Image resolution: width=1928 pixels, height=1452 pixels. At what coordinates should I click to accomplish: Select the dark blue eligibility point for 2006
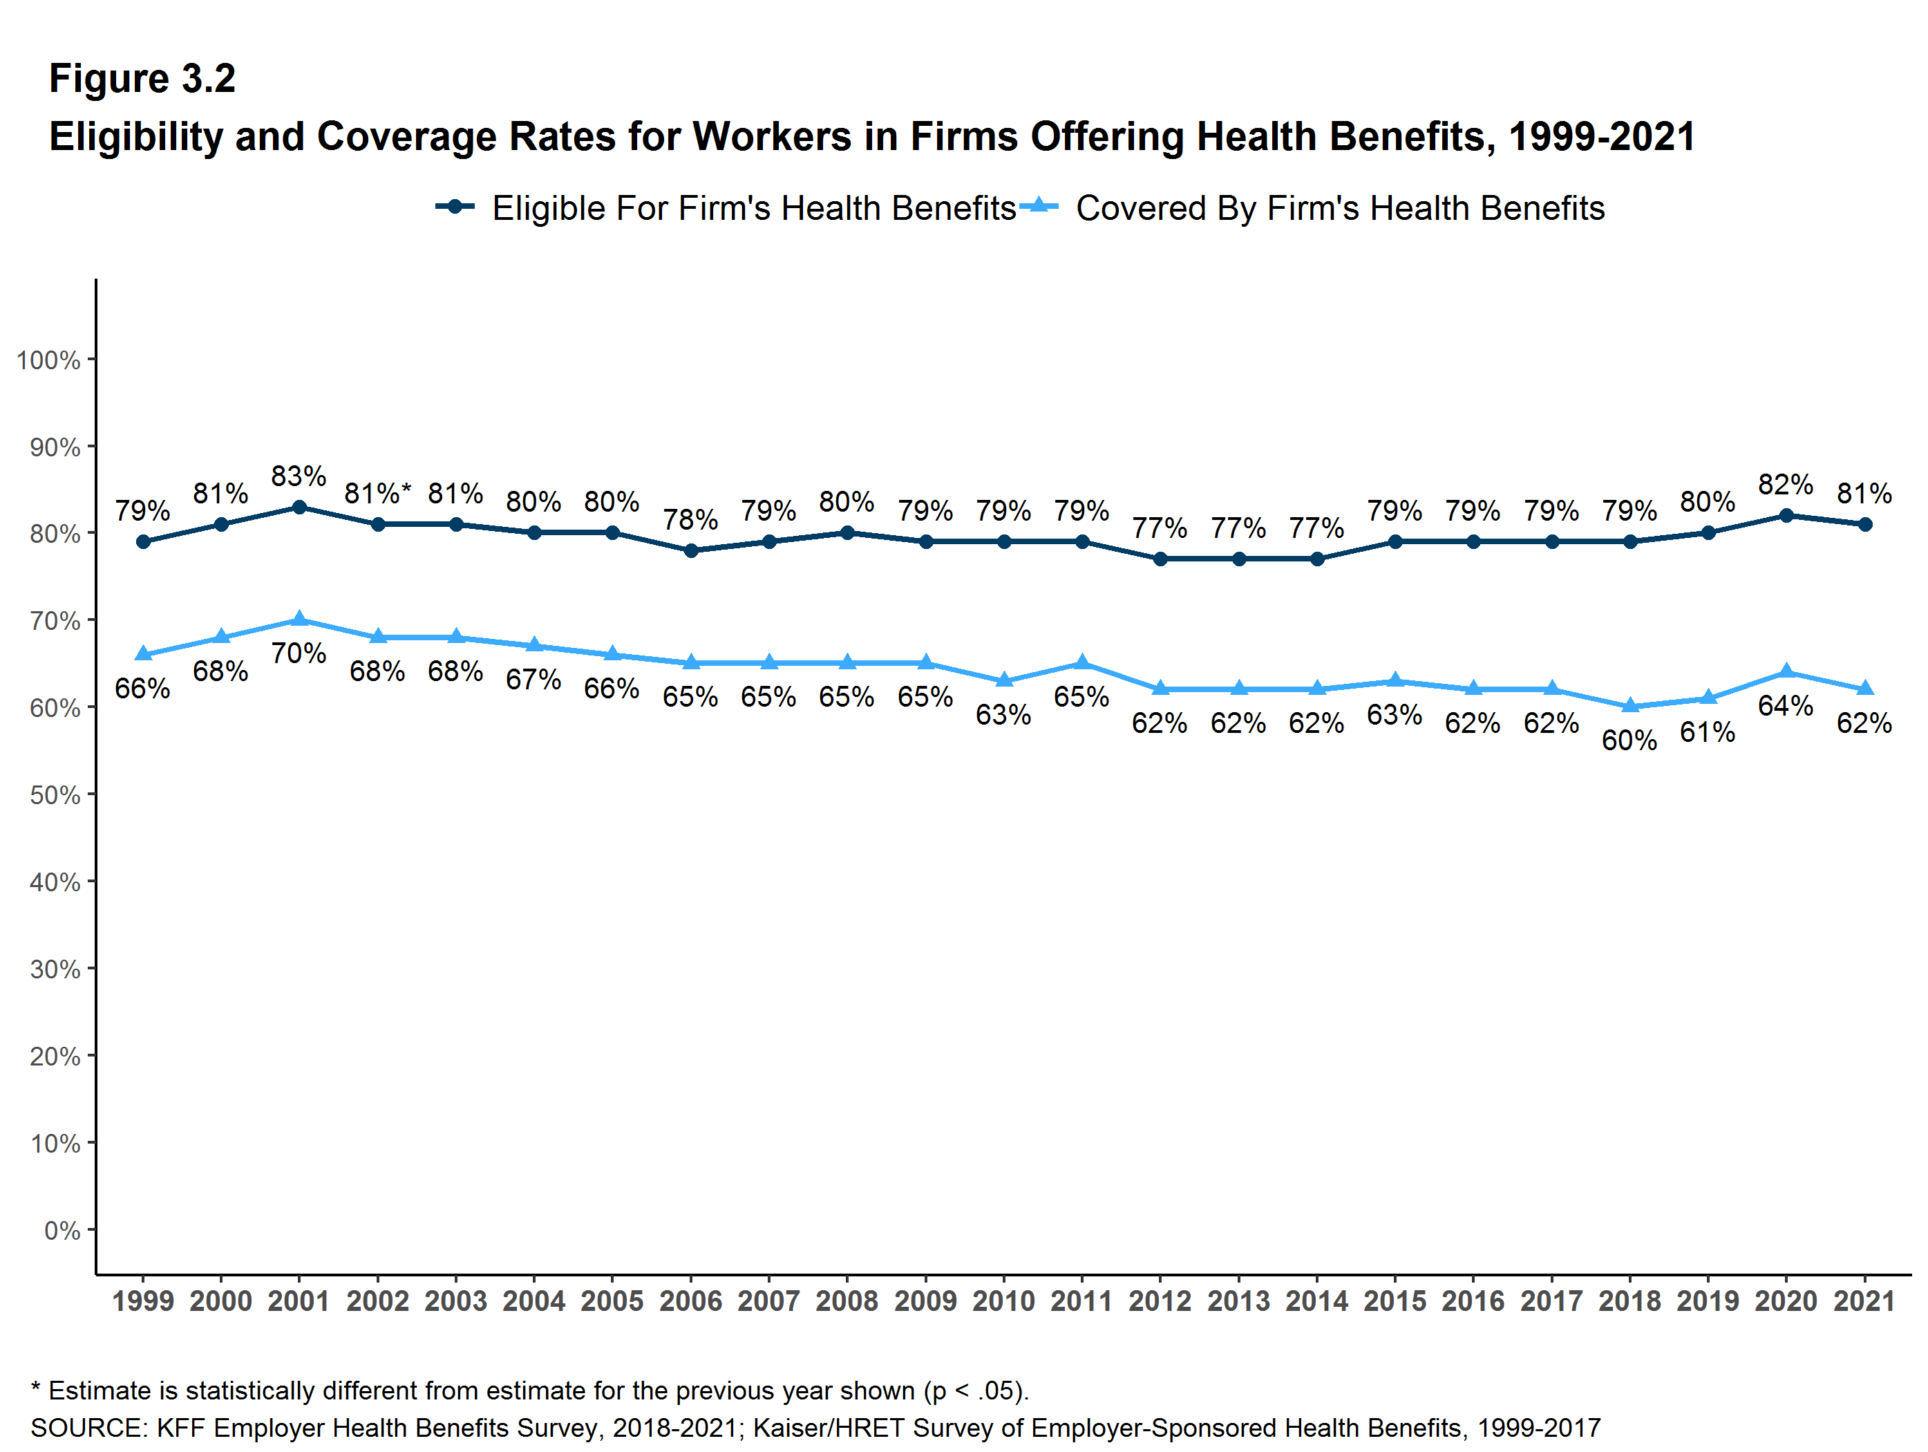pyautogui.click(x=690, y=550)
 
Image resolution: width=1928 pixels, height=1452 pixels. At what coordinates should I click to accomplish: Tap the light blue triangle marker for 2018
pyautogui.click(x=1630, y=705)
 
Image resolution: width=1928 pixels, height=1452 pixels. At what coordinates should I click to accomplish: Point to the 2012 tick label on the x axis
pyautogui.click(x=1160, y=1301)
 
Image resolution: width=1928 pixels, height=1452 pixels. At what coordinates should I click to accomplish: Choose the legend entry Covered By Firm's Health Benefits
pyautogui.click(x=1340, y=208)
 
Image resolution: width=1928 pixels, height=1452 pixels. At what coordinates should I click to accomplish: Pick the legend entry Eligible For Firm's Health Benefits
pyautogui.click(x=753, y=208)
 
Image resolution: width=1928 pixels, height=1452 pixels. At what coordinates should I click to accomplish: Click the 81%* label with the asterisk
pyautogui.click(x=377, y=494)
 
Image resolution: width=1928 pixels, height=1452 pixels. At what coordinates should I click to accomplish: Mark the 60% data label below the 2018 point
pyautogui.click(x=1629, y=741)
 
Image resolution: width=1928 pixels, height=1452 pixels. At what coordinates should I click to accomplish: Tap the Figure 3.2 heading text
pyautogui.click(x=142, y=79)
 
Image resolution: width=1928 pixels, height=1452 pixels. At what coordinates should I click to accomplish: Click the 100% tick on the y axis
pyautogui.click(x=49, y=360)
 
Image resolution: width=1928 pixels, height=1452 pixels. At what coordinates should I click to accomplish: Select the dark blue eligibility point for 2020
pyautogui.click(x=1786, y=515)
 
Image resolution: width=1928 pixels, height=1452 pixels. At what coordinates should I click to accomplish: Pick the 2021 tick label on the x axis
pyautogui.click(x=1864, y=1301)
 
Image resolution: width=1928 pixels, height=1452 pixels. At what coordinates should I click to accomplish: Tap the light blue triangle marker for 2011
pyautogui.click(x=1081, y=663)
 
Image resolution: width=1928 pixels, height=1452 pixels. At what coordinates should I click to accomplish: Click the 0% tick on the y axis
pyautogui.click(x=62, y=1231)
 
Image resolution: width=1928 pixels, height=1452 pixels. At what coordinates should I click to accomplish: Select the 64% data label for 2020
pyautogui.click(x=1785, y=705)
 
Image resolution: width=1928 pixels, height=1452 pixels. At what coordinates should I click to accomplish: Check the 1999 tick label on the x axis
pyautogui.click(x=143, y=1301)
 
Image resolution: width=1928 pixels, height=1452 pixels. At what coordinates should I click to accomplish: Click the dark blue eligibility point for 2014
pyautogui.click(x=1317, y=559)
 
